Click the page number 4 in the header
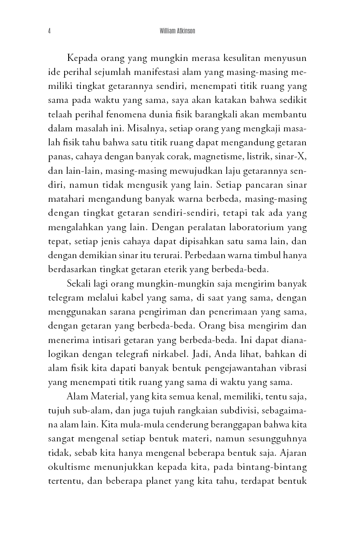pyautogui.click(x=49, y=32)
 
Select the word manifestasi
pyautogui.click(x=170, y=73)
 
